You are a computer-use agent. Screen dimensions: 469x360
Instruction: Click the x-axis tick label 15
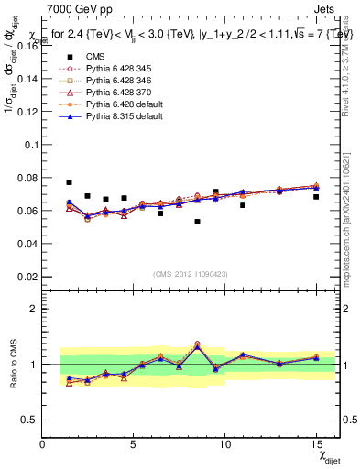click(x=315, y=444)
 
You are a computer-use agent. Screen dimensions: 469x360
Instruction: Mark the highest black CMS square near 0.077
click(x=69, y=182)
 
